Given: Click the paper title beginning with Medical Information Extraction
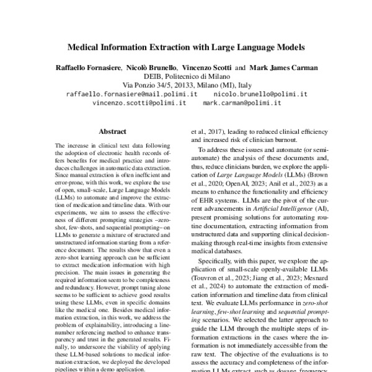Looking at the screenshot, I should (186, 46).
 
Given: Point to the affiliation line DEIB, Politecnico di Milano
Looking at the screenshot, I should (186, 76).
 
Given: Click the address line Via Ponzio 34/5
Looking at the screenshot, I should (186, 85).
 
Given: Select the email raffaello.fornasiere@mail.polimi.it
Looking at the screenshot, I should (131, 94).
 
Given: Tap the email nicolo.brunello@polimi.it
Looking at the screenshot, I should (260, 94).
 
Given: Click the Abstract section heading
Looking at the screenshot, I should (112, 132).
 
